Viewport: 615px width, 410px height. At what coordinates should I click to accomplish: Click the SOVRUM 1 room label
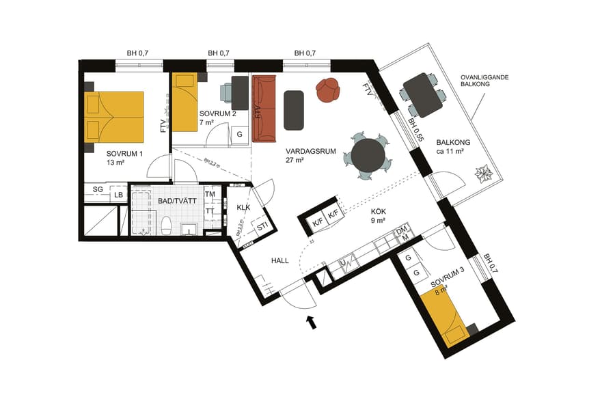coord(124,154)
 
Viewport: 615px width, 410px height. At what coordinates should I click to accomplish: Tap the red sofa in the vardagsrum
coord(264,108)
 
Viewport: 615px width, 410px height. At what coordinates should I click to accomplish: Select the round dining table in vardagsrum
coord(368,155)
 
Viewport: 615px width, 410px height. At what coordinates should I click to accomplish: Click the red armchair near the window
coord(328,90)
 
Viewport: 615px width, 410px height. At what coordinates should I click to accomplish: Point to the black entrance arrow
coord(311,321)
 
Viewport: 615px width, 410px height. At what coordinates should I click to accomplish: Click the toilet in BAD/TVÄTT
coord(165,225)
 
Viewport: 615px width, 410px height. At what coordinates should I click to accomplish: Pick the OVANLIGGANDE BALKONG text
coord(482,83)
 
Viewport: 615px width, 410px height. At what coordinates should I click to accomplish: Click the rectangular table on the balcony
coord(423,94)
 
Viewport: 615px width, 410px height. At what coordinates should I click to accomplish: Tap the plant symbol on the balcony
coord(484,174)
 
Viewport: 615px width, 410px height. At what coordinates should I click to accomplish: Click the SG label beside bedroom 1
coord(98,188)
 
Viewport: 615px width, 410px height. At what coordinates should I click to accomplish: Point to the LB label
coord(119,195)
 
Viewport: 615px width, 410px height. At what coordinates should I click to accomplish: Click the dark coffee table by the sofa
coord(294,110)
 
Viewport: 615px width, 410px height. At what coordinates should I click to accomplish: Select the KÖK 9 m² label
coord(378,217)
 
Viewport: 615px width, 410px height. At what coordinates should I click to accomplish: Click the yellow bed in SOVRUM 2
coord(184,102)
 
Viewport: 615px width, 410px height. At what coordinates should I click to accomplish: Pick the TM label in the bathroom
coord(210,194)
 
